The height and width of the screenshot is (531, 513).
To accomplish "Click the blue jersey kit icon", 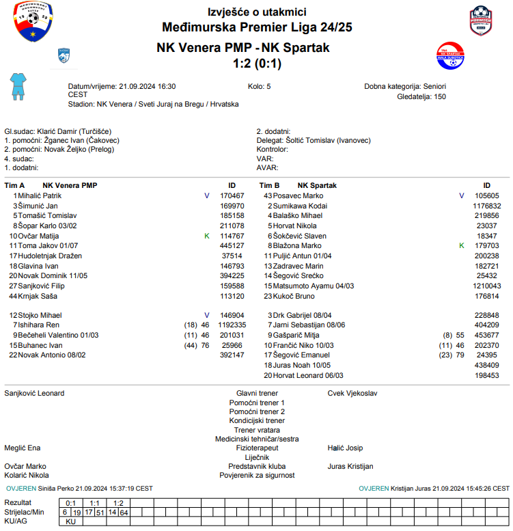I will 17,87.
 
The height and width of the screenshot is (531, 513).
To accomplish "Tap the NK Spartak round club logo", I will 450,56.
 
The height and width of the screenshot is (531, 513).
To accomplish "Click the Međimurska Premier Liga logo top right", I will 482,21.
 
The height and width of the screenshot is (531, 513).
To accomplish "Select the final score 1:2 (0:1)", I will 257,64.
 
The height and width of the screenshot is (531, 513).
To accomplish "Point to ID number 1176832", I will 487,206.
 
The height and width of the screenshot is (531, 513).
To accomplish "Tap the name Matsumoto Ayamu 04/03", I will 307,286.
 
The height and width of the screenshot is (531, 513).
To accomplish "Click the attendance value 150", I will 440,97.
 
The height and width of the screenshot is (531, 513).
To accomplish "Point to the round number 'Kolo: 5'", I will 259,87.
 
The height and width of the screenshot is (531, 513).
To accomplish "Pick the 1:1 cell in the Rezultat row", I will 95,503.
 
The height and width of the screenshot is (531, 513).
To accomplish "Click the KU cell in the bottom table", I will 70,521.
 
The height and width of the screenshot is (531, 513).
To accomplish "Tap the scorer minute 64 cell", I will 124,512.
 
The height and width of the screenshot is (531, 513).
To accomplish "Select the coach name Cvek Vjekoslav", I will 352,394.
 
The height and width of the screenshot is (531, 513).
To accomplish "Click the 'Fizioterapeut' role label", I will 257,448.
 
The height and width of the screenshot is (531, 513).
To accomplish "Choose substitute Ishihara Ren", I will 39,325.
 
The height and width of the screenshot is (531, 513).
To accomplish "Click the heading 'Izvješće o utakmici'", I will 257,12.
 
